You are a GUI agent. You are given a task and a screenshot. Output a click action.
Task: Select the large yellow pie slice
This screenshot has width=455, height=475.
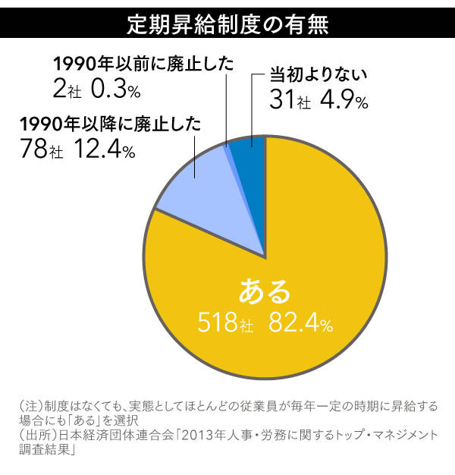(x=303, y=250)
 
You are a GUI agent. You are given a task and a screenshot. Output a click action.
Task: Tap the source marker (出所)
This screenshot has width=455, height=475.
(x=34, y=435)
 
